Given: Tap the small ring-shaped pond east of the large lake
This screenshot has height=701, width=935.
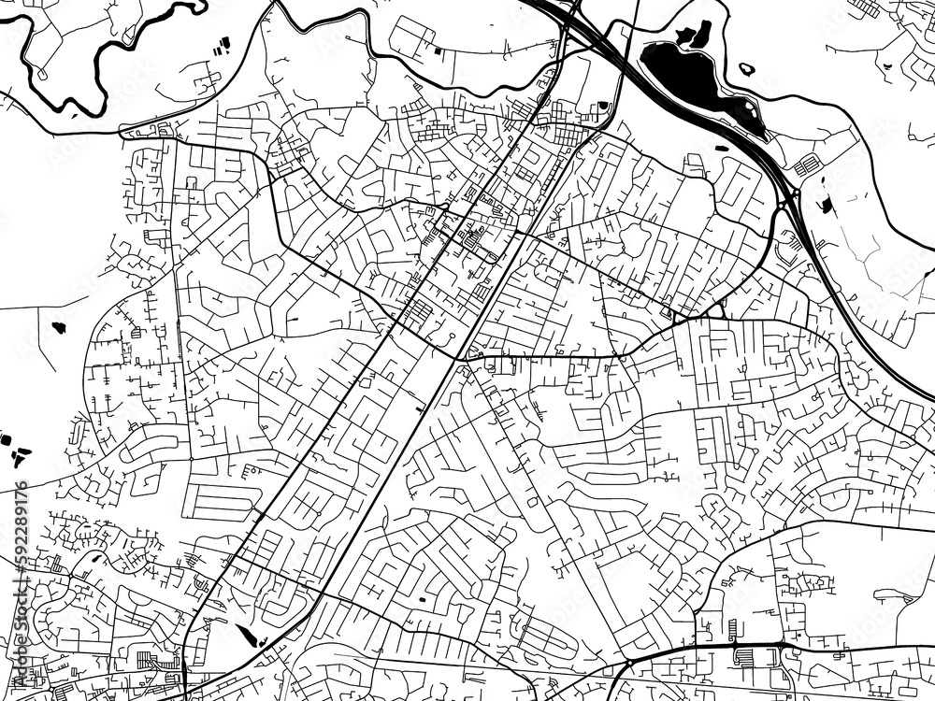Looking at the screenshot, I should (747, 68).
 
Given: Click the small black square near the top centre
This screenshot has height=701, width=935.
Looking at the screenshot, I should (439, 48).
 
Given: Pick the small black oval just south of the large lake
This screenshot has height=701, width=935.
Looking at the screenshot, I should (723, 147).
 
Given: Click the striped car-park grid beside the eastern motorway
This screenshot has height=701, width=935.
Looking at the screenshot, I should (806, 166).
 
